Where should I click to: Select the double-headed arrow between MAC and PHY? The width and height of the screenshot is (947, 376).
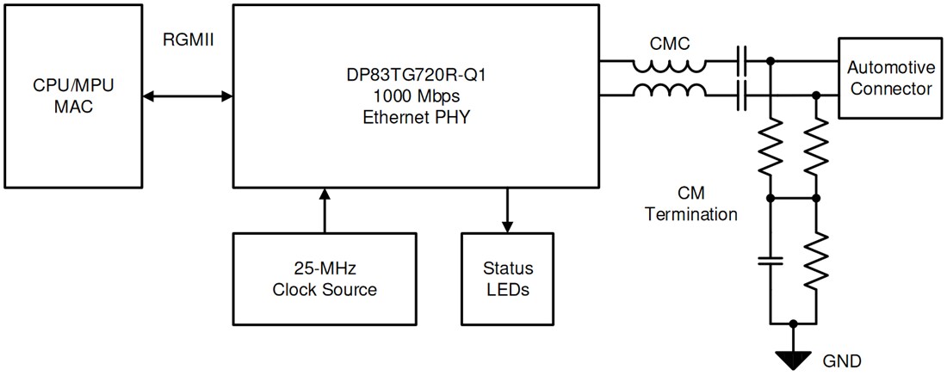(188, 96)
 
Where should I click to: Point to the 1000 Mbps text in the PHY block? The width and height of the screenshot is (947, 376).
(415, 96)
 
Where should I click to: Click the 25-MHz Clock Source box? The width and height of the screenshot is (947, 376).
(325, 278)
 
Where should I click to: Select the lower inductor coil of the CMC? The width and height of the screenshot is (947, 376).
(670, 90)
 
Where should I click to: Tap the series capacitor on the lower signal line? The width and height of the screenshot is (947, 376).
(741, 96)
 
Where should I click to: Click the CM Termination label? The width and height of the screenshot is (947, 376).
(691, 204)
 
